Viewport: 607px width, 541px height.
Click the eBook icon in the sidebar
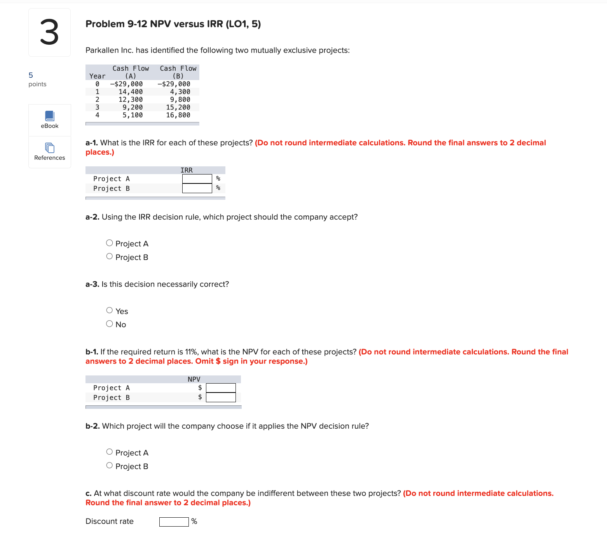[50, 116]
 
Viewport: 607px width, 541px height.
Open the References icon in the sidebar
[50, 148]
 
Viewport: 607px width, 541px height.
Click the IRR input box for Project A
[197, 179]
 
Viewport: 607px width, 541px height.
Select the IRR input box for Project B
[197, 188]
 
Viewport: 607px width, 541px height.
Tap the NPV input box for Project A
[221, 388]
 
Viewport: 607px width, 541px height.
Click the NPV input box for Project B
[221, 397]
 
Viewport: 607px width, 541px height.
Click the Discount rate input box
[174, 522]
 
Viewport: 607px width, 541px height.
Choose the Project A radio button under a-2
[110, 243]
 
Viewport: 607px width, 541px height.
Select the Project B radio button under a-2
[110, 257]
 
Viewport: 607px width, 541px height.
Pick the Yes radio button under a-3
[110, 310]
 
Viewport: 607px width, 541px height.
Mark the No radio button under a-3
[110, 324]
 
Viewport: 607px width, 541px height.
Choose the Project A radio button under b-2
[110, 452]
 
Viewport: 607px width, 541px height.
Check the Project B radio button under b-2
[110, 466]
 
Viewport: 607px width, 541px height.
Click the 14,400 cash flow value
[131, 92]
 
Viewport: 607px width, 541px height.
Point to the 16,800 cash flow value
[178, 115]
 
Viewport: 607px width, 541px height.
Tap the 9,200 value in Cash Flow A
[133, 107]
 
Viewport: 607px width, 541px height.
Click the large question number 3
[49, 33]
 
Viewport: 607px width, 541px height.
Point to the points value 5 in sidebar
[31, 75]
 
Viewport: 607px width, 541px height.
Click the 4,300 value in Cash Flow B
[180, 92]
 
